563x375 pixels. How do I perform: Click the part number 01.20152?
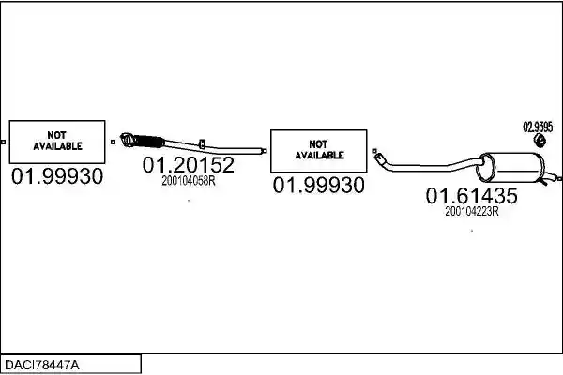pyautogui.click(x=189, y=165)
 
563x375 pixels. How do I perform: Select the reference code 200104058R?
pyautogui.click(x=189, y=181)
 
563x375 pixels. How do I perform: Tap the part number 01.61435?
pyautogui.click(x=471, y=196)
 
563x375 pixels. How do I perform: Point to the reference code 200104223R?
pyautogui.click(x=471, y=211)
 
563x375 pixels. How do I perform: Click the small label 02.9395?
pyautogui.click(x=538, y=127)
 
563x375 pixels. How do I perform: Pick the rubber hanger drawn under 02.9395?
pyautogui.click(x=539, y=141)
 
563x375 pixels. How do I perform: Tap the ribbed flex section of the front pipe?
pyautogui.click(x=149, y=141)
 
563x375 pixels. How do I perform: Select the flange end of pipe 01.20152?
pyautogui.click(x=128, y=140)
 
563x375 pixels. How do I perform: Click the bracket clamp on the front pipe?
pyautogui.click(x=202, y=143)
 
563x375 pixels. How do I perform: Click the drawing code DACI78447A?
pyautogui.click(x=41, y=366)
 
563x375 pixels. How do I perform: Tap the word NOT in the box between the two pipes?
pyautogui.click(x=318, y=144)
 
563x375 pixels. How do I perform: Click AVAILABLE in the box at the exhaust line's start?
pyautogui.click(x=57, y=146)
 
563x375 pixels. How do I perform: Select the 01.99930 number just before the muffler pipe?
pyautogui.click(x=318, y=186)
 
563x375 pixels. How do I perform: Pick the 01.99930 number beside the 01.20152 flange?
pyautogui.click(x=57, y=176)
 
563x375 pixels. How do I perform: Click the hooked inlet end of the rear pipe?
pyautogui.click(x=379, y=157)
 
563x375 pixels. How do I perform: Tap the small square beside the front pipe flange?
pyautogui.click(x=114, y=142)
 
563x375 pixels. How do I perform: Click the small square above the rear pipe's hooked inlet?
pyautogui.click(x=374, y=151)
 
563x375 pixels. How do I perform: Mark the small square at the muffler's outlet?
pyautogui.click(x=560, y=178)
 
